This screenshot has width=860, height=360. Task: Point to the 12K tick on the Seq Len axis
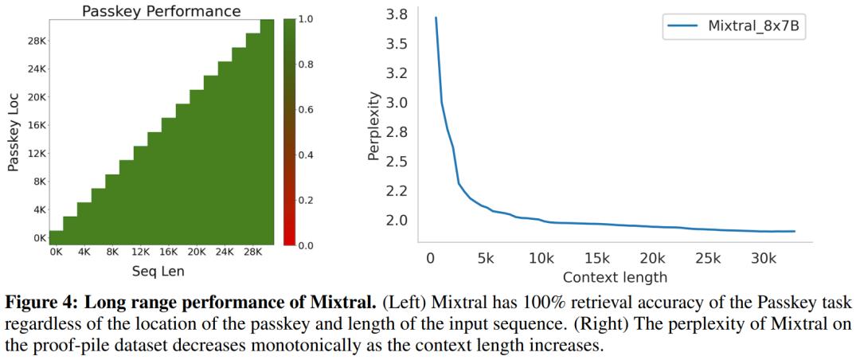coord(140,252)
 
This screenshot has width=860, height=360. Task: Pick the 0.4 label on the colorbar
coord(307,155)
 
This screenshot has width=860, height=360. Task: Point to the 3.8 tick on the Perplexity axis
coord(397,15)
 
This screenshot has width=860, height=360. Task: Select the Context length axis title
coord(614,277)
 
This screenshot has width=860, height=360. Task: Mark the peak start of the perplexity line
coord(436,17)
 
